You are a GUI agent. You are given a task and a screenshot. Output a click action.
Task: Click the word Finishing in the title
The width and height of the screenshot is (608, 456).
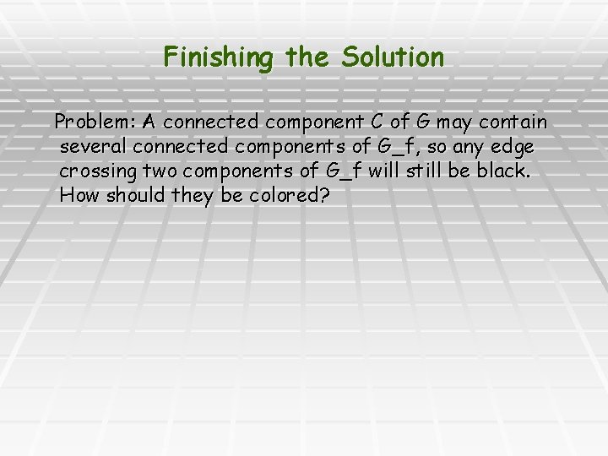tap(218, 57)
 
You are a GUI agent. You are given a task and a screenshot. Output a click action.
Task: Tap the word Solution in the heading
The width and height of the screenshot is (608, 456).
tap(393, 57)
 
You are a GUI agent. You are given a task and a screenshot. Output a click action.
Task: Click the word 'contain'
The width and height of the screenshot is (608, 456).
tap(514, 123)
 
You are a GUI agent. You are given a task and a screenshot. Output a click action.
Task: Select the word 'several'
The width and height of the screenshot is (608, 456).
tap(93, 147)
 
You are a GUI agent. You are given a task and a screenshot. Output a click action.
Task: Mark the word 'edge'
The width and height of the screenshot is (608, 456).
tap(514, 147)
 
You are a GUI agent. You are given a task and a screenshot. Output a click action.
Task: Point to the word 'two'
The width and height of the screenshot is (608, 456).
tap(160, 171)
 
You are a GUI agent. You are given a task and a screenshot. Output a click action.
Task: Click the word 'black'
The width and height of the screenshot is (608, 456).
tap(503, 171)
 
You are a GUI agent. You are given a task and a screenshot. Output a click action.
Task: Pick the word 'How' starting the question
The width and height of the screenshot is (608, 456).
tap(80, 195)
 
